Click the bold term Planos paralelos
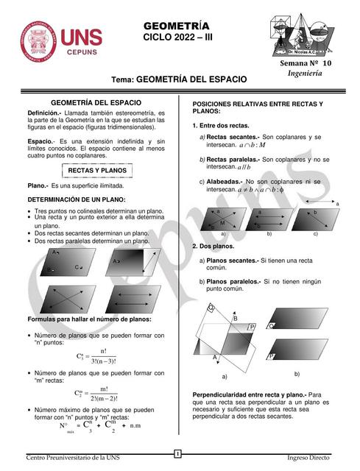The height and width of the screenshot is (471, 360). pos(233,282)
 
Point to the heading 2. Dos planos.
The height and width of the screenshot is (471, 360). pos(214,246)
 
